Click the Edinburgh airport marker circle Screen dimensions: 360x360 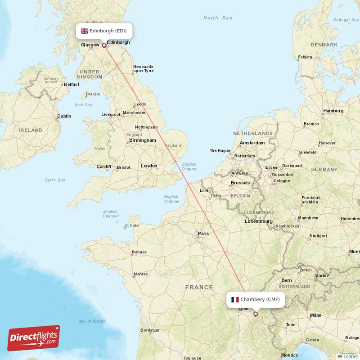coord(104,45)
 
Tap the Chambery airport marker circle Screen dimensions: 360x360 coord(256,314)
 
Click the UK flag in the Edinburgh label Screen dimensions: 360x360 coord(84,31)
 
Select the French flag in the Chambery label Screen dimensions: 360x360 coord(235,299)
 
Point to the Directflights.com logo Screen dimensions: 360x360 coord(34,338)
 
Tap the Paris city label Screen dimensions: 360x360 coord(203,234)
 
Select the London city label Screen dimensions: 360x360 coord(149,166)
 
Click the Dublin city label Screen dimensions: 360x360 coord(64,116)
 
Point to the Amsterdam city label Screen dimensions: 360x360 coord(252,143)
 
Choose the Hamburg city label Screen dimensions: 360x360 coord(333,111)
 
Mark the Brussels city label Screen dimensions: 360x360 coord(240,183)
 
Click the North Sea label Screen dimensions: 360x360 coord(218,18)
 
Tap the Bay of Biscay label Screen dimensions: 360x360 coord(92,321)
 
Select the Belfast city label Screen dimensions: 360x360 coord(72,84)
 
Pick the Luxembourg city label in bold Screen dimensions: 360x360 coord(259,221)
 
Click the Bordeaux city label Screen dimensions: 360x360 coord(150,330)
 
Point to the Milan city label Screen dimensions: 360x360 coord(315,315)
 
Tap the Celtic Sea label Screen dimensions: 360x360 coord(55,180)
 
